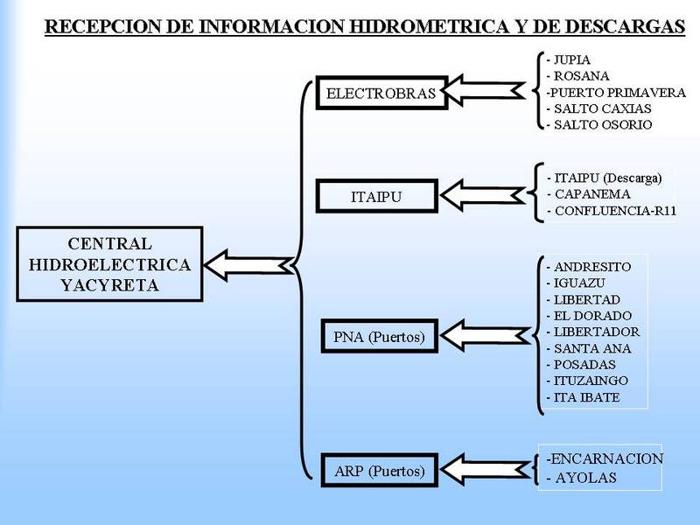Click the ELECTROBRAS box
pyautogui.click(x=381, y=93)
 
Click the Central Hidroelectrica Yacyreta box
pyautogui.click(x=109, y=263)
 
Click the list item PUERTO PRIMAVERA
pyautogui.click(x=603, y=93)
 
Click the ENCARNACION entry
pyautogui.click(x=605, y=459)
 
